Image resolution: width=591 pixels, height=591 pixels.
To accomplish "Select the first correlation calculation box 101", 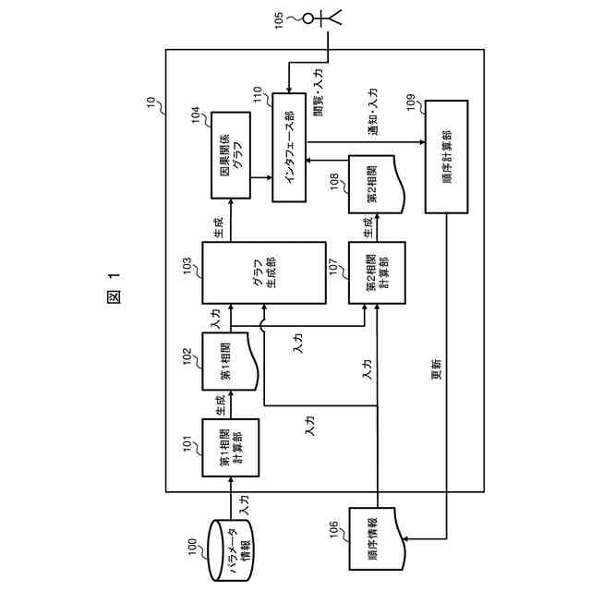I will tap(230, 446).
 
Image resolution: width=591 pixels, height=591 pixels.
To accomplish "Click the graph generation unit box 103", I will tap(264, 273).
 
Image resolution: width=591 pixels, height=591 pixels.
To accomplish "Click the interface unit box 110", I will tap(295, 149).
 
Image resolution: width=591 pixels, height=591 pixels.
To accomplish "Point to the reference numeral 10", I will tap(153, 99).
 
